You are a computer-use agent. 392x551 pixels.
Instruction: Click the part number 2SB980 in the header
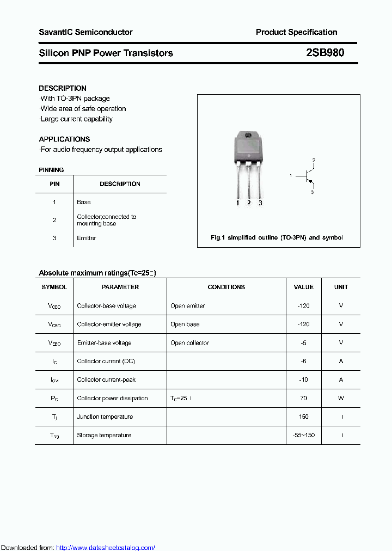pos(324,53)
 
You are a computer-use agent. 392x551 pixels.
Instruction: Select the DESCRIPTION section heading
pos(63,88)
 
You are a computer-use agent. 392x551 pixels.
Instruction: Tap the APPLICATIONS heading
pos(64,139)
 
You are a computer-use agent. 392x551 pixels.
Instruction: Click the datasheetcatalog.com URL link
pos(106,547)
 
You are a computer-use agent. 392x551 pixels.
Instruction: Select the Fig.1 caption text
pos(277,237)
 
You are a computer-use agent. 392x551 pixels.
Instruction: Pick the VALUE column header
pos(303,287)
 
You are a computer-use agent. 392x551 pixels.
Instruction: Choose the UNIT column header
pos(341,287)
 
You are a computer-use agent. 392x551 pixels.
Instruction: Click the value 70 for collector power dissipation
pos(303,398)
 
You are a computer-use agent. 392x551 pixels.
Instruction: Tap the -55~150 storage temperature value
pos(303,435)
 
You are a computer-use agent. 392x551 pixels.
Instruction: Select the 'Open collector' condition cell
pos(189,342)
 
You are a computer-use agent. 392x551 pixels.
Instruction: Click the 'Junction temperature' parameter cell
pos(105,417)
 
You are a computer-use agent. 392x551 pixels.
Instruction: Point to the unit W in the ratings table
pos(341,398)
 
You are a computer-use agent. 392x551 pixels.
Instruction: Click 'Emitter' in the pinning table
pos(87,238)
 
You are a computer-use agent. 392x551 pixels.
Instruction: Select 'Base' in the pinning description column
pos(84,202)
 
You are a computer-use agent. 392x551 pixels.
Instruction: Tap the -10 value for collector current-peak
pos(303,379)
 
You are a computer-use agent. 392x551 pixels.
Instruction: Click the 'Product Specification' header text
pos(296,32)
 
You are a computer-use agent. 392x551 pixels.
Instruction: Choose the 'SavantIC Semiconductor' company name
pos(85,32)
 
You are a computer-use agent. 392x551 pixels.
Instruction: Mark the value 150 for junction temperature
pos(303,417)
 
